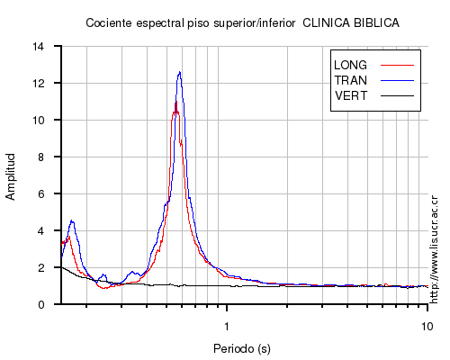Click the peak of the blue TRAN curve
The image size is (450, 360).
point(179,72)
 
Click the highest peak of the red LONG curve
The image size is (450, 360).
point(176,102)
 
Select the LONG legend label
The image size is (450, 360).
point(350,65)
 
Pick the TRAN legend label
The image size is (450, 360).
point(351,80)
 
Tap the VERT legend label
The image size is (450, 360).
point(351,96)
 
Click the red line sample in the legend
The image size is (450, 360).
point(397,65)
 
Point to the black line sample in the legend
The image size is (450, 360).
point(397,96)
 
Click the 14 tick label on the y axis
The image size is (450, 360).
point(39,47)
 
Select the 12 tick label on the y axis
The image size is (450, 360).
point(39,83)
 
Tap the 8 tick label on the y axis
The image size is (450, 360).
point(41,157)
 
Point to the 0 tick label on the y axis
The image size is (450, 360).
point(41,304)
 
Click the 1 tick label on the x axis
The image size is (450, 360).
point(227,326)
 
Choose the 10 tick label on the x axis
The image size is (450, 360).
point(427,326)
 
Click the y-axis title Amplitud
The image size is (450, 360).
point(11,176)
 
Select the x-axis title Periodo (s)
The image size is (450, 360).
point(242,348)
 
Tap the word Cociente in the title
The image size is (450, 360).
point(109,23)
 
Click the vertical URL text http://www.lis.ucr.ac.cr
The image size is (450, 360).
point(434,249)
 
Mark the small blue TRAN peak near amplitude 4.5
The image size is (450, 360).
point(72,221)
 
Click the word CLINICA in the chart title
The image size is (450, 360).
point(326,23)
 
